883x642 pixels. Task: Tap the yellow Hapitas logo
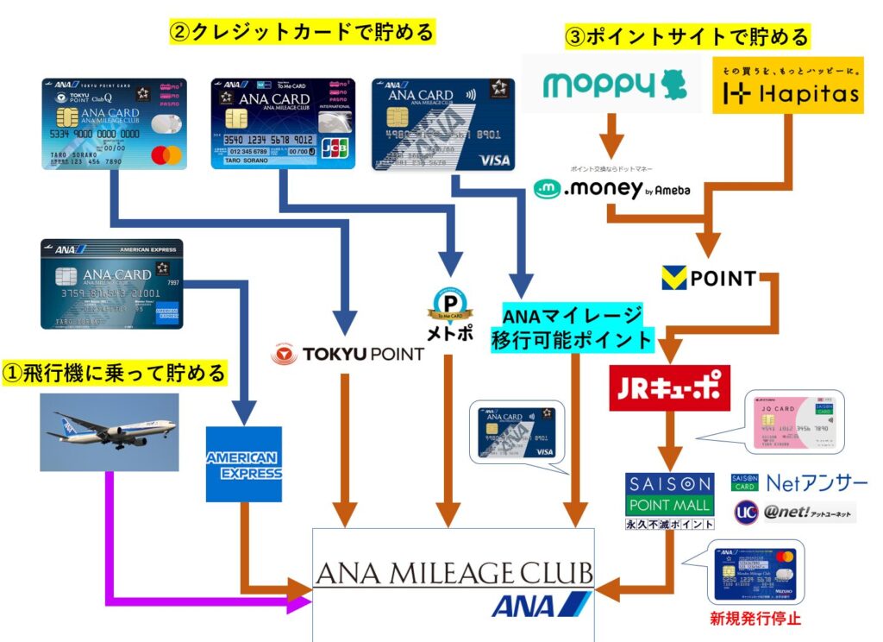click(x=787, y=86)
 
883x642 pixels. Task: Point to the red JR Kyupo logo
click(x=669, y=389)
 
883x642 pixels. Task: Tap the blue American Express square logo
click(x=244, y=464)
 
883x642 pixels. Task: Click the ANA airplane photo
click(x=109, y=432)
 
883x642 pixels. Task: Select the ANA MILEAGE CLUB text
click(x=454, y=574)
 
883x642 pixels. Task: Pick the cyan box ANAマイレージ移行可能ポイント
click(x=572, y=327)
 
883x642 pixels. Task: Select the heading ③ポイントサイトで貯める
click(x=686, y=36)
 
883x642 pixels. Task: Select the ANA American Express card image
click(x=111, y=284)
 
